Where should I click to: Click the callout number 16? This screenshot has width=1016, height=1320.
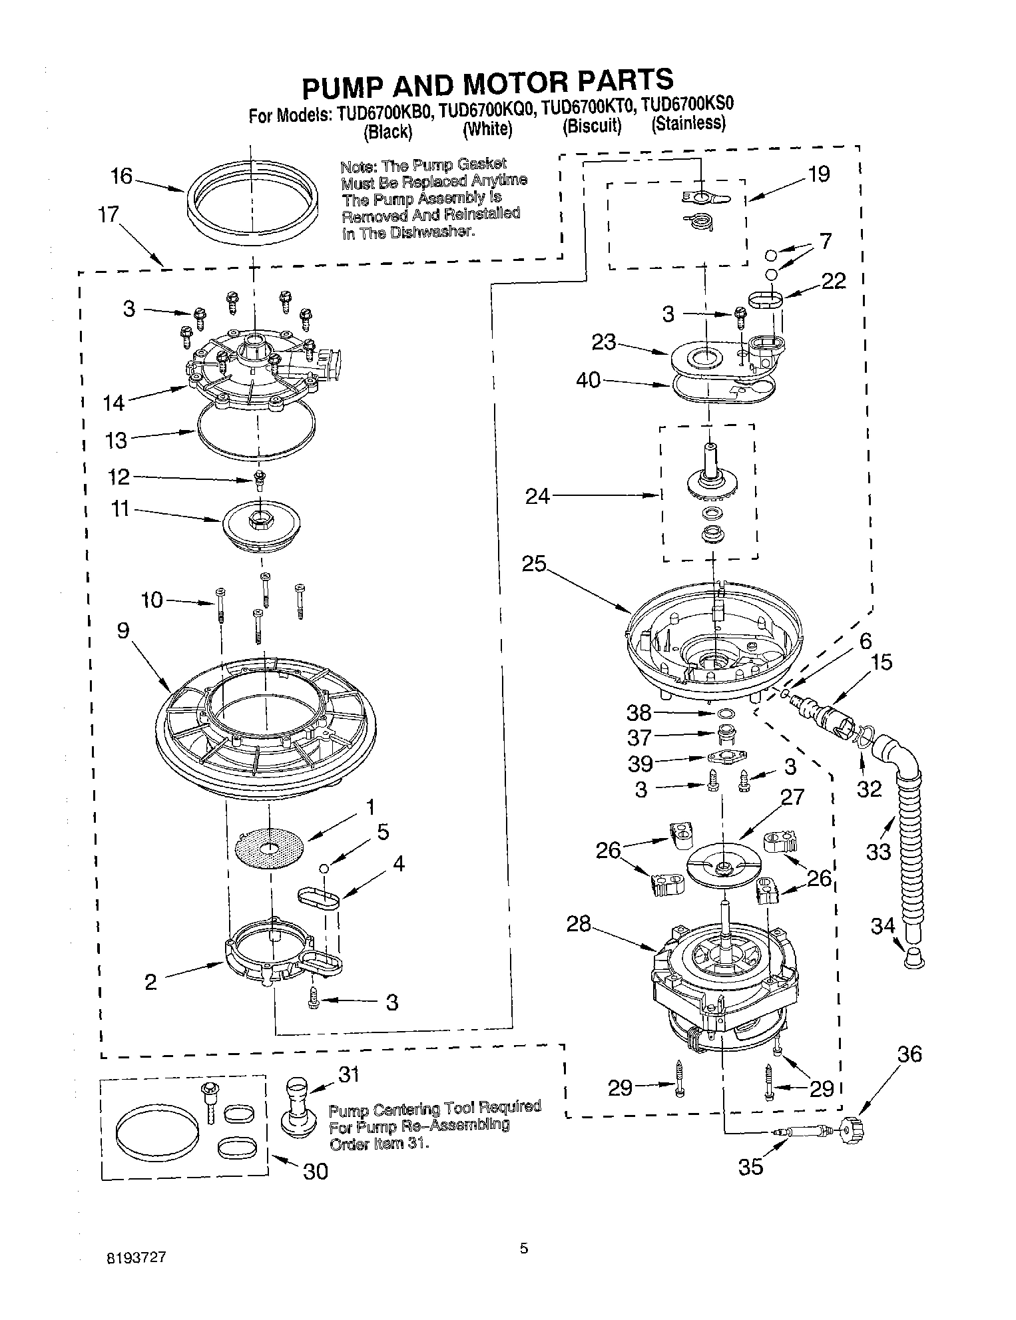tap(122, 177)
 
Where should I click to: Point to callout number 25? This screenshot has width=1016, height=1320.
tap(534, 564)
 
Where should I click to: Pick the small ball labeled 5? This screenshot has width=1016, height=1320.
tap(323, 868)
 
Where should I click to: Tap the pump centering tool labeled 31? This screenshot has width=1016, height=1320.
tap(297, 1104)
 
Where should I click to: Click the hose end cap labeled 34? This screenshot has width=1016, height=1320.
tap(915, 959)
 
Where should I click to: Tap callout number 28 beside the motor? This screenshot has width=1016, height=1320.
tap(579, 924)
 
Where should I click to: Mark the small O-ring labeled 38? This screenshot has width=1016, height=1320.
tap(727, 715)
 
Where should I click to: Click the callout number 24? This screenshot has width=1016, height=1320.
tap(537, 496)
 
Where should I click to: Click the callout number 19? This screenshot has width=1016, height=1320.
tap(819, 174)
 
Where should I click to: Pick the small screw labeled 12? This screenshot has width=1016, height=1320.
tap(259, 479)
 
